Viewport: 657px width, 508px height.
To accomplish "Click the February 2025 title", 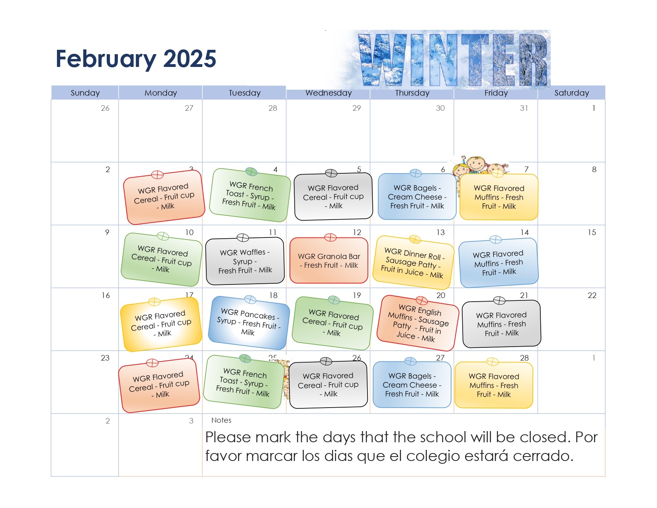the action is (136, 59).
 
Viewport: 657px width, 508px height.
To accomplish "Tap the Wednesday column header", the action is (328, 93).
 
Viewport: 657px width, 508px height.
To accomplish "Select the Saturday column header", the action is (571, 93).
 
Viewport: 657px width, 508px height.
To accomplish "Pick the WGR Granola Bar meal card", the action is (328, 261).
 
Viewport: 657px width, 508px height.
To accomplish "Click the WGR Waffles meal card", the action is (245, 261).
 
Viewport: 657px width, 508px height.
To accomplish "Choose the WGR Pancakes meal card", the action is (248, 322).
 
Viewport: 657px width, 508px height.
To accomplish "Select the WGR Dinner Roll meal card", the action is (413, 263).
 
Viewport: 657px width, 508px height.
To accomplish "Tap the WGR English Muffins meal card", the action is (418, 323).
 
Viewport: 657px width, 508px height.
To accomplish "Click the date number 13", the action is (440, 232).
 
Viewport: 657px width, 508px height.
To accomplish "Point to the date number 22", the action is (592, 295).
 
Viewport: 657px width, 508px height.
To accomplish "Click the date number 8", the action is (594, 169).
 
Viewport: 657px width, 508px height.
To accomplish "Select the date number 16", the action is (106, 295).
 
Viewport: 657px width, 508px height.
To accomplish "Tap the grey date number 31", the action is (524, 108).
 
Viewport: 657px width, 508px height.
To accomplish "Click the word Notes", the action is (221, 420).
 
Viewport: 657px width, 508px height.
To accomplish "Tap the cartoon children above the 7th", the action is (481, 166).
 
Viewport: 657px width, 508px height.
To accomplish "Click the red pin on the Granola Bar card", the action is (330, 237).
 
